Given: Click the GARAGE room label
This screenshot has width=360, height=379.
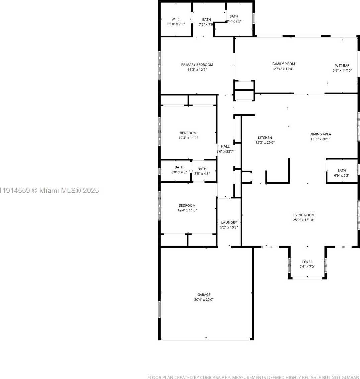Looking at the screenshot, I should pyautogui.click(x=204, y=295).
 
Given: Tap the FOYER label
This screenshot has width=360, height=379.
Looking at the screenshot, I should pyautogui.click(x=307, y=262).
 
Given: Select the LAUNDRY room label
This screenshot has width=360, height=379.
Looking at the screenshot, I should pyautogui.click(x=229, y=222).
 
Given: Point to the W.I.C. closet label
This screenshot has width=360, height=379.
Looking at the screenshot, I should pyautogui.click(x=176, y=19).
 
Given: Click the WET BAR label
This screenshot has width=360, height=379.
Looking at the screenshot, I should pyautogui.click(x=342, y=66).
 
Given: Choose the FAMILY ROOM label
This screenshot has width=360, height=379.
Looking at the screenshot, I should pyautogui.click(x=283, y=64).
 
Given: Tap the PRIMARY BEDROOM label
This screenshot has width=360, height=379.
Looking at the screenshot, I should pyautogui.click(x=197, y=65).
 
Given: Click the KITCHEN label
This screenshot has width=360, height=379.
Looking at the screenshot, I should pyautogui.click(x=265, y=138).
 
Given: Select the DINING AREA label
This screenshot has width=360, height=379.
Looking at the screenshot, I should pyautogui.click(x=320, y=134).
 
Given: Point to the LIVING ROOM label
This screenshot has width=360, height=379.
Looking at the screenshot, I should pyautogui.click(x=303, y=215).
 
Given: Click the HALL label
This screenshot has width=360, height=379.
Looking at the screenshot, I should pyautogui.click(x=225, y=146).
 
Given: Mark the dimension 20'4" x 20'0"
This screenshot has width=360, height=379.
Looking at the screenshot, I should pyautogui.click(x=204, y=300).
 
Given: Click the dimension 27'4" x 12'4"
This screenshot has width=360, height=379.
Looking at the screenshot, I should pyautogui.click(x=283, y=69).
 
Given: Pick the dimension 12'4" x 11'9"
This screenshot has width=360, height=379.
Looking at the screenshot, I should pyautogui.click(x=188, y=138).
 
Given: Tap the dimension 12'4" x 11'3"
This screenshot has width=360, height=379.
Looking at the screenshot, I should pyautogui.click(x=187, y=210).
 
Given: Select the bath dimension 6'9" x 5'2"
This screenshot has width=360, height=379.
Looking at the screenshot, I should pyautogui.click(x=342, y=175).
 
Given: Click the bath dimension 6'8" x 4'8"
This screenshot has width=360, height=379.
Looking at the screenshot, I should pyautogui.click(x=179, y=172).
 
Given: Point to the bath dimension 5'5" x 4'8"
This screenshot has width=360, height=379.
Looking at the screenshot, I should pyautogui.click(x=202, y=174).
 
